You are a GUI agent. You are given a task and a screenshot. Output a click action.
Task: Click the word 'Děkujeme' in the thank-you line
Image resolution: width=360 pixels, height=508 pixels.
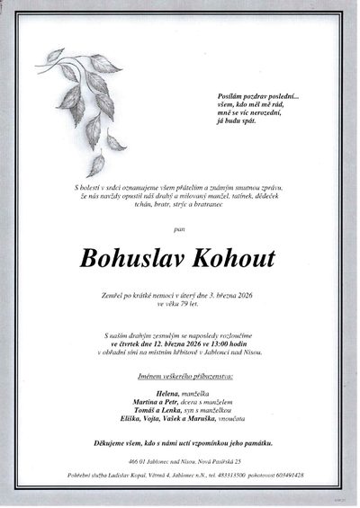111,443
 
